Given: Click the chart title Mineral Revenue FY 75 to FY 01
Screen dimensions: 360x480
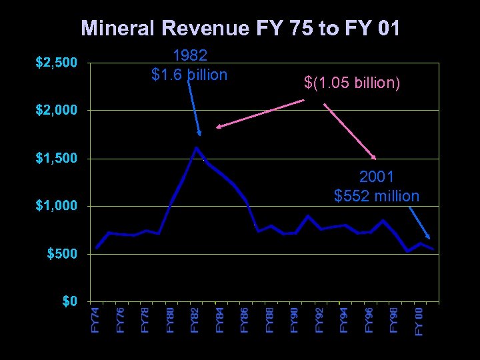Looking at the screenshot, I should (240, 28).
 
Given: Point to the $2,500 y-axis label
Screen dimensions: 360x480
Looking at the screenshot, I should (56, 63).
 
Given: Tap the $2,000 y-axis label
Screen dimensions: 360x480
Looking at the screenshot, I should (56, 111).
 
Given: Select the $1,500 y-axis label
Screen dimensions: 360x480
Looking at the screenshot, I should (56, 159).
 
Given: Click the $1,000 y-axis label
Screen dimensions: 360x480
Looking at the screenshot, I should (56, 206).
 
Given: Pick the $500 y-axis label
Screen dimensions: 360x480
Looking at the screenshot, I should (61, 254).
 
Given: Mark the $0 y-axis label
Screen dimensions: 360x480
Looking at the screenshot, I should (69, 301).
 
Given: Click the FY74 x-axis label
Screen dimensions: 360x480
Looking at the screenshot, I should (96, 320).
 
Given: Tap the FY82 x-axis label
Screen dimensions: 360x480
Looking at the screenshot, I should (195, 320).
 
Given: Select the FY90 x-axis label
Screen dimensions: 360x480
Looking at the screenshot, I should (294, 320).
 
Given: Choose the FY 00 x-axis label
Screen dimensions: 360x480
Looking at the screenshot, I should (419, 321).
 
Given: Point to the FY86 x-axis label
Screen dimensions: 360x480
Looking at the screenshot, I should (245, 320).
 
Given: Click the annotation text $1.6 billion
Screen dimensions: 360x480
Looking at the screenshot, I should (189, 75).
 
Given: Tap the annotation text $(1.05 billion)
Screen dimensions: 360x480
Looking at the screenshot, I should (352, 84).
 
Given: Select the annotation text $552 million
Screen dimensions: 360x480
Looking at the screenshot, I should (377, 196).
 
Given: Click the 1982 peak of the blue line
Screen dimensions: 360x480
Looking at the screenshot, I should (196, 147).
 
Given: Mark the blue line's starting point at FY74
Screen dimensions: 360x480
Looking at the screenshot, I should (97, 247).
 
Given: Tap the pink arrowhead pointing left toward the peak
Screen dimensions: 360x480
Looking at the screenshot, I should (219, 126).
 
